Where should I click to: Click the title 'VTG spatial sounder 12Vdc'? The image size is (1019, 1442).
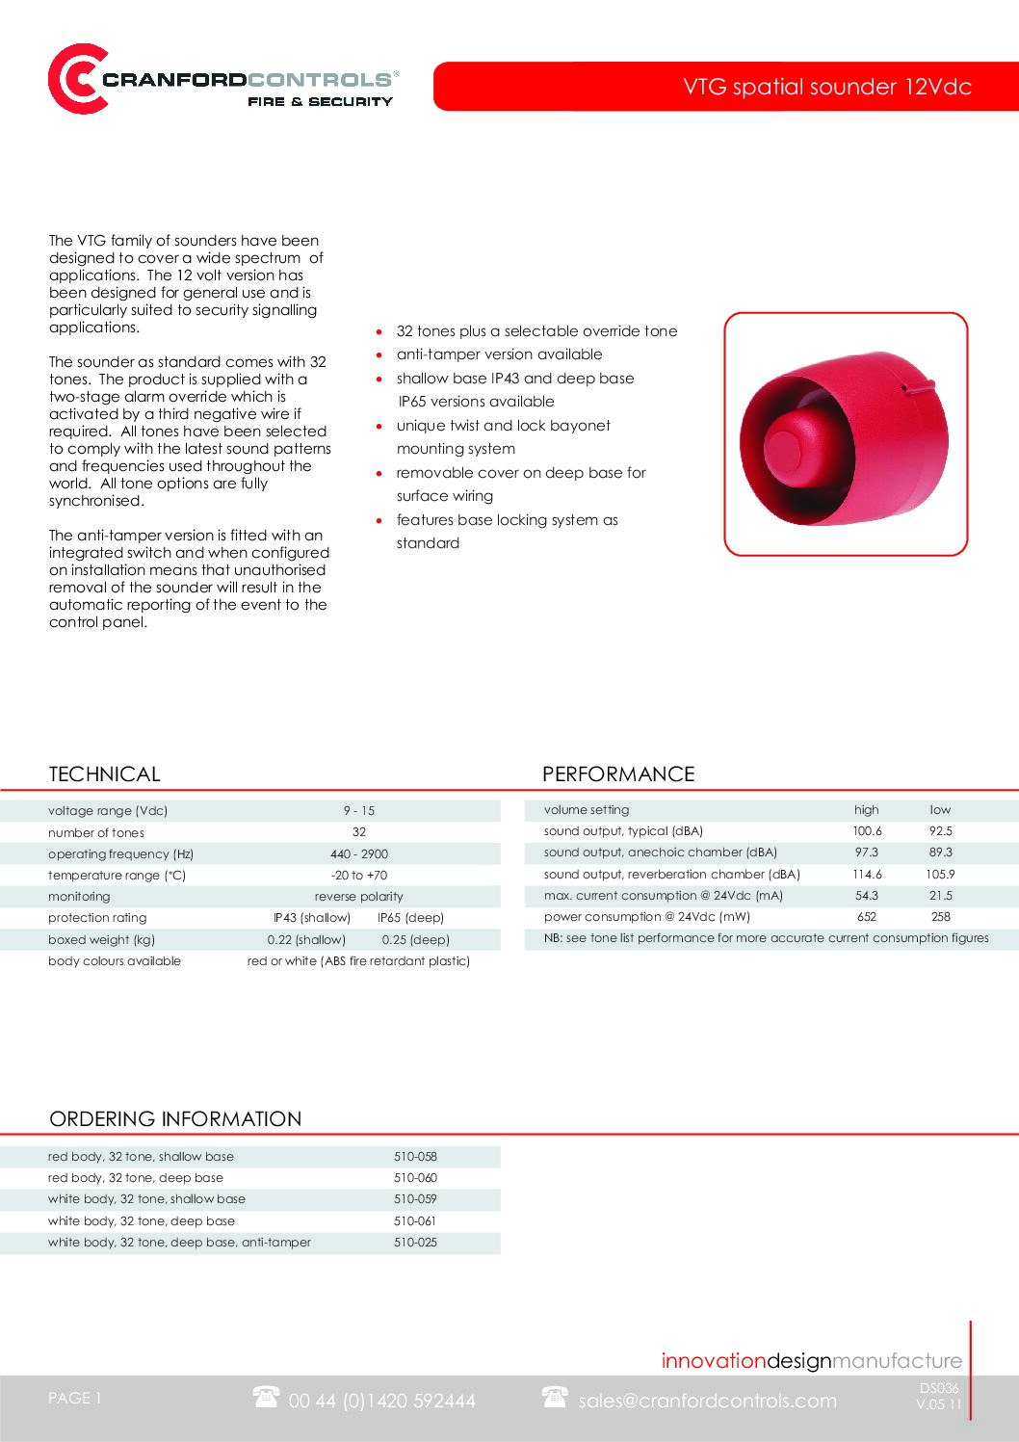click(826, 87)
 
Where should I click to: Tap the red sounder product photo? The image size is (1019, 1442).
click(844, 433)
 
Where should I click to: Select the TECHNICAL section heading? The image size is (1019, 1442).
click(104, 774)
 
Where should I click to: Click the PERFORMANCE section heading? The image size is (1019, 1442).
click(617, 774)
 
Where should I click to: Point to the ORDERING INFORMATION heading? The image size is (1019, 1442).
click(175, 1119)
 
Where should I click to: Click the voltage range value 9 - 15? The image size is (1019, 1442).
click(359, 811)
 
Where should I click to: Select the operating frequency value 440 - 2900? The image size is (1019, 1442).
click(359, 854)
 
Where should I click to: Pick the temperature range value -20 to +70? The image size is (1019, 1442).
click(359, 876)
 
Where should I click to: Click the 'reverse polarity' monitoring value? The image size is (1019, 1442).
click(359, 897)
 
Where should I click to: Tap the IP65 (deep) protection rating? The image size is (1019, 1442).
click(411, 918)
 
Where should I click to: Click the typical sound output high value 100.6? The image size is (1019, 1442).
click(867, 831)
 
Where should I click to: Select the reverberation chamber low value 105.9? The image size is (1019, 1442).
click(940, 875)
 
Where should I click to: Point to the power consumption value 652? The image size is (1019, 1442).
click(867, 917)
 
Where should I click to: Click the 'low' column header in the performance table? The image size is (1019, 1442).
click(940, 810)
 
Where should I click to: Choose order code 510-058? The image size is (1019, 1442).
click(415, 1157)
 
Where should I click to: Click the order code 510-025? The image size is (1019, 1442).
click(415, 1243)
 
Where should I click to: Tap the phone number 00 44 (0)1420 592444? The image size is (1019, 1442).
click(381, 1402)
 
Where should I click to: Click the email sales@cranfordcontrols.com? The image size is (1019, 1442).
click(707, 1402)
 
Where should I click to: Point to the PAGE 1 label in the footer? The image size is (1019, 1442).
click(75, 1399)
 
